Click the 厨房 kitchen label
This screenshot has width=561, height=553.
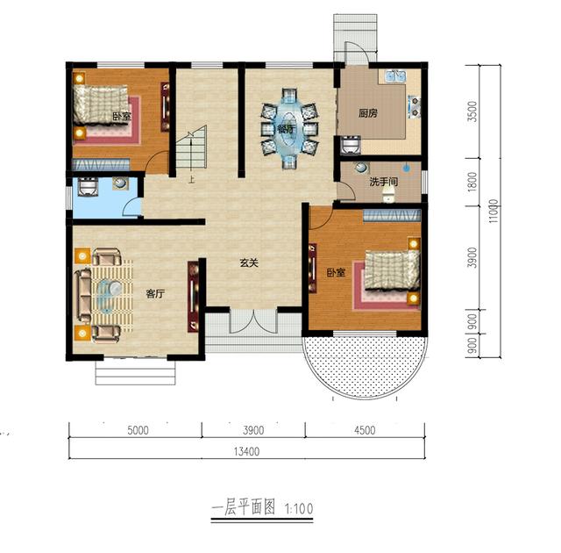coord(368,112)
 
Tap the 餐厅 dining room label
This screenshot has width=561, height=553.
coord(286,128)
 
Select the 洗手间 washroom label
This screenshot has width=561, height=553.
coord(383,182)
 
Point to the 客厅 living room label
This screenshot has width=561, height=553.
coord(156,294)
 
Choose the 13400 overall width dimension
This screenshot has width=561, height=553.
coord(247,452)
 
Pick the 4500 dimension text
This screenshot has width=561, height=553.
coord(365,430)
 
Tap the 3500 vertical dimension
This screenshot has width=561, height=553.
coord(472,112)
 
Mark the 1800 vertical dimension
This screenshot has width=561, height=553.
coord(472,182)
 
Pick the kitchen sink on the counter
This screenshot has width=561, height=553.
coord(394,78)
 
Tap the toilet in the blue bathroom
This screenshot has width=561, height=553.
coord(88,188)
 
